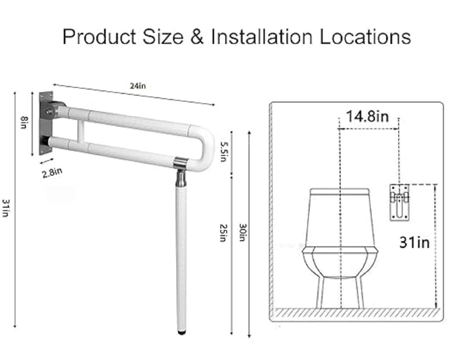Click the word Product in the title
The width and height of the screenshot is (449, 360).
point(99,37)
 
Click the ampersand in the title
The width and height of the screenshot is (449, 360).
point(197,37)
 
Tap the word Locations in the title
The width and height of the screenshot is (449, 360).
point(365,37)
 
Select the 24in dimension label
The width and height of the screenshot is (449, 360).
point(138,86)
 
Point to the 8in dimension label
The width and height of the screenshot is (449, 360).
point(24,123)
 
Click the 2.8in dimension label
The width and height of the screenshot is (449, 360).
point(52,173)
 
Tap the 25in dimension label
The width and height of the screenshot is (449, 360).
point(223,233)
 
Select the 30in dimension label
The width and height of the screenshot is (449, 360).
point(242,233)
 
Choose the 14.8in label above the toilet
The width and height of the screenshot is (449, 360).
point(367,117)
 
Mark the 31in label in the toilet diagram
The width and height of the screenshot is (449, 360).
point(414,242)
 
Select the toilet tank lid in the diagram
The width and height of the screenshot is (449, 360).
point(340,192)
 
